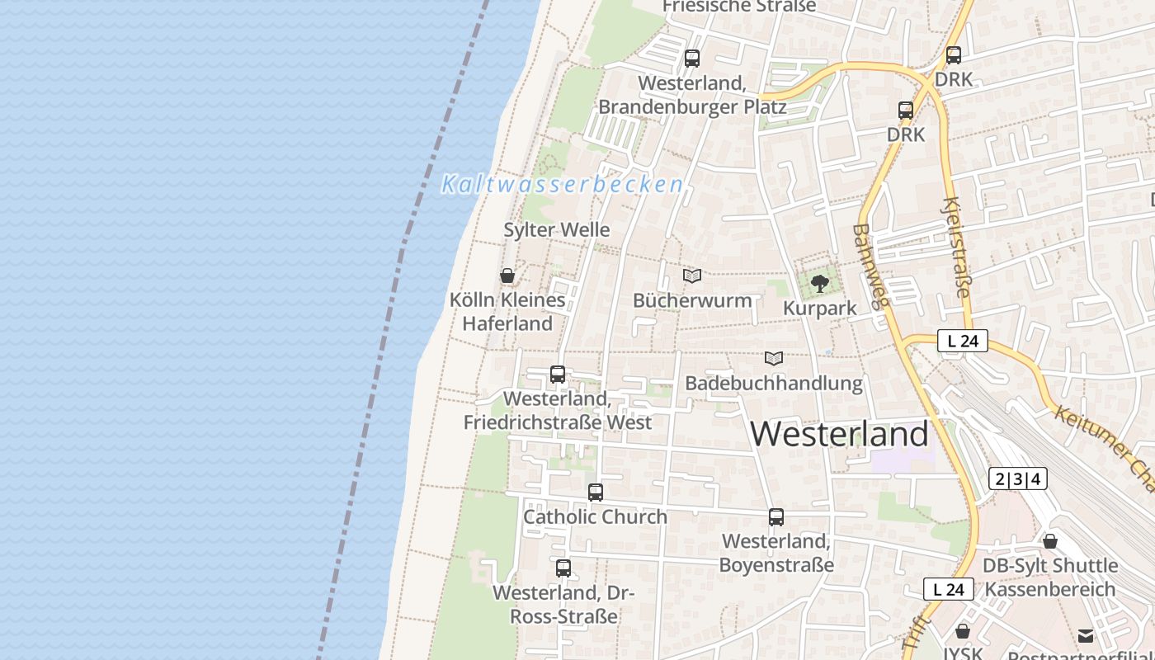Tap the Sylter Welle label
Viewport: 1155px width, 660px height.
pos(557,229)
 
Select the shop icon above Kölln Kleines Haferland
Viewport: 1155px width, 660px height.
pos(507,276)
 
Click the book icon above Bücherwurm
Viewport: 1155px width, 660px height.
pos(692,276)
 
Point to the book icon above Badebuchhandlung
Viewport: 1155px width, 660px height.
pos(773,358)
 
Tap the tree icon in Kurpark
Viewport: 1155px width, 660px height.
pos(819,284)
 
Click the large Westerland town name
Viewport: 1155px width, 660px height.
pos(840,434)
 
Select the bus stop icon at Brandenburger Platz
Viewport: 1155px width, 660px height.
pos(692,59)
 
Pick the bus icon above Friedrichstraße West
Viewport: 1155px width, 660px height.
pos(558,375)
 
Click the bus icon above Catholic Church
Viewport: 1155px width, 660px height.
pos(596,493)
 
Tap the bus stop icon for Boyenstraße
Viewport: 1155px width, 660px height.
pos(776,517)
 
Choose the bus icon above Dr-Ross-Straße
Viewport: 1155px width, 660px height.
pos(563,568)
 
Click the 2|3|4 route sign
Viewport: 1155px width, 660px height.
pos(1017,478)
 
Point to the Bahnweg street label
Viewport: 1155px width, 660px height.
pos(871,266)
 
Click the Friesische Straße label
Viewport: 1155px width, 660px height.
pos(739,7)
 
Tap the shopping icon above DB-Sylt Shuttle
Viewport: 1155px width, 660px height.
pos(1050,542)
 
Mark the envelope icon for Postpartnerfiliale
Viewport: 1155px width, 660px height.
pos(1086,636)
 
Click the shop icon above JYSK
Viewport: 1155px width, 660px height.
pos(963,632)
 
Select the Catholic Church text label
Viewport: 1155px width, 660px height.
pos(595,517)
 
